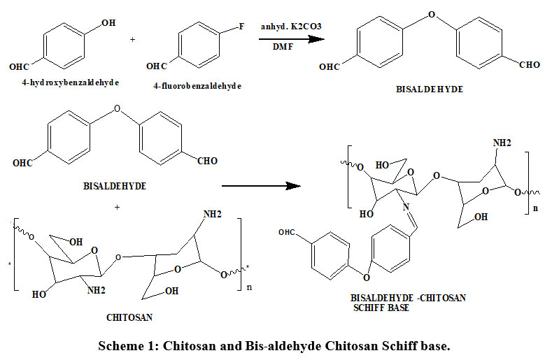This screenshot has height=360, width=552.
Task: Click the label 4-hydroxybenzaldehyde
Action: (70, 82)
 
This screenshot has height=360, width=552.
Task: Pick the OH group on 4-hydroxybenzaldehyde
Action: (108, 24)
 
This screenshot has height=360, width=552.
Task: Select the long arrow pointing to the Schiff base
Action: (261, 186)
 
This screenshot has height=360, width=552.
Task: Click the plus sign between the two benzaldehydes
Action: (133, 39)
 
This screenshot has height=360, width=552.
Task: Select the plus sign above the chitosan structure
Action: (117, 207)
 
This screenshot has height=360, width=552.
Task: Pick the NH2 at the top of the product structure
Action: (503, 143)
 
